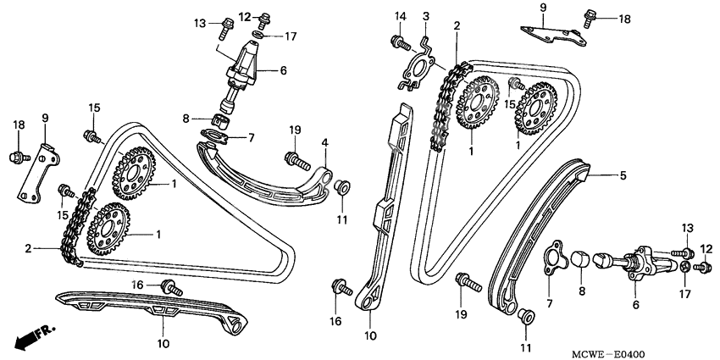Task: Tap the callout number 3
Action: click(426, 16)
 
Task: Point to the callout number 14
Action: click(401, 16)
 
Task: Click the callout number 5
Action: click(622, 176)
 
